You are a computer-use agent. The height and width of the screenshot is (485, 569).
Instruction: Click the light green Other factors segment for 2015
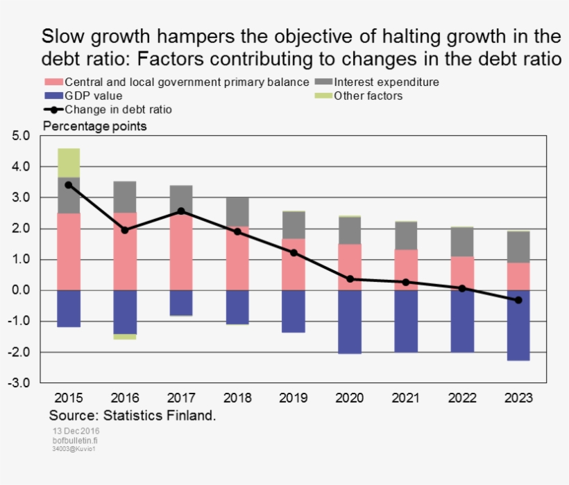click(x=69, y=163)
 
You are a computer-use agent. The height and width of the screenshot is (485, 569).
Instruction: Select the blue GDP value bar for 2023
click(x=518, y=325)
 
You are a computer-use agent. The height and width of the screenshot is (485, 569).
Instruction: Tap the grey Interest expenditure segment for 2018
click(x=237, y=212)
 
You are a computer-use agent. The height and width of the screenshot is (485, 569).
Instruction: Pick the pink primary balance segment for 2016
click(x=125, y=251)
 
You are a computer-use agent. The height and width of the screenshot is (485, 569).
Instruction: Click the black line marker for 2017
click(x=181, y=211)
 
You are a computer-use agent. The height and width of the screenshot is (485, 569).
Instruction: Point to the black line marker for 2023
click(x=518, y=300)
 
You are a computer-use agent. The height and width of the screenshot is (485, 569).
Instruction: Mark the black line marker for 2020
click(x=350, y=279)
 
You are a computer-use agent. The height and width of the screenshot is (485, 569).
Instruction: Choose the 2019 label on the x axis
click(x=294, y=398)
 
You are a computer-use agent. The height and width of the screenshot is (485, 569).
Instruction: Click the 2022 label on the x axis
click(x=462, y=398)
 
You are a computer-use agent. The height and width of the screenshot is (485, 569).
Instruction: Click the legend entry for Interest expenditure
click(x=386, y=82)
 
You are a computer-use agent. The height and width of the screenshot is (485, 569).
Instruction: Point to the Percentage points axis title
click(x=95, y=126)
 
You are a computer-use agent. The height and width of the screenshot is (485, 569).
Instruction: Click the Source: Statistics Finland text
click(x=133, y=416)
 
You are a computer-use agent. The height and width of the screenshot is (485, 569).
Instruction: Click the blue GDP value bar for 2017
click(x=181, y=303)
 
